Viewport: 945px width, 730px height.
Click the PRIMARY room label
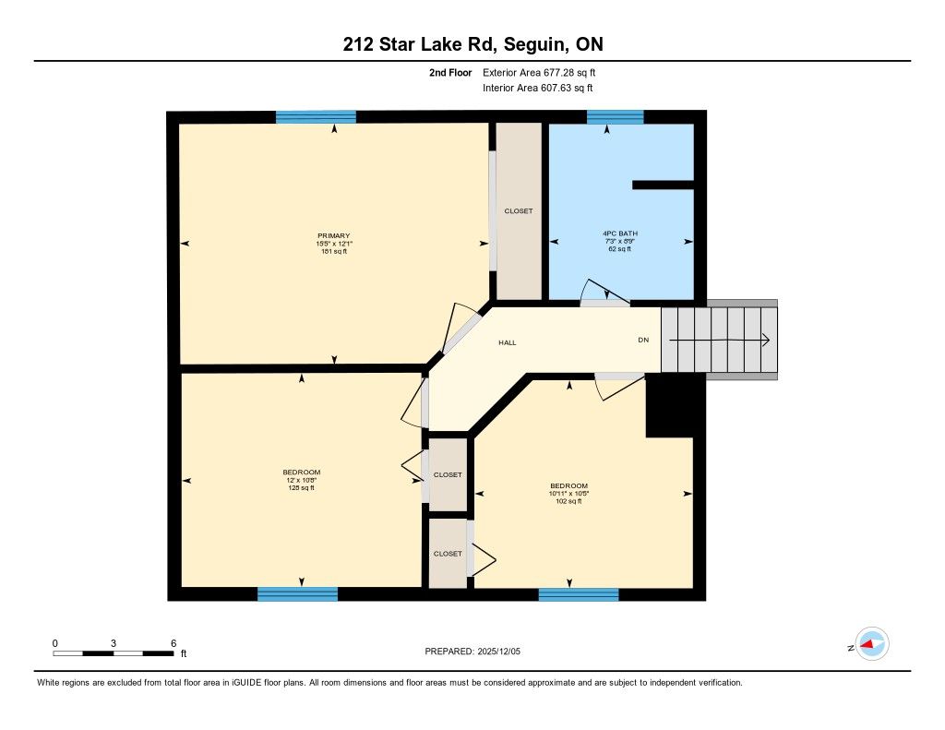[334, 235]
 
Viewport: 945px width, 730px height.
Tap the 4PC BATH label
[620, 233]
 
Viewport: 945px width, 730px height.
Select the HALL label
[508, 342]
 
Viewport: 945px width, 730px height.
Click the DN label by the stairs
[643, 340]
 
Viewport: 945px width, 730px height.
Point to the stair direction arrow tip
[769, 341]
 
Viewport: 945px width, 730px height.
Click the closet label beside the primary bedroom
[519, 211]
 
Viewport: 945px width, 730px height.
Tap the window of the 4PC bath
[616, 117]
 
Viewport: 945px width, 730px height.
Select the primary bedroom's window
[316, 117]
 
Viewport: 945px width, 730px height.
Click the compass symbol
[872, 644]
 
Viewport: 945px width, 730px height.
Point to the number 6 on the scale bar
[173, 643]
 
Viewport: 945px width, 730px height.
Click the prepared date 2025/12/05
[499, 652]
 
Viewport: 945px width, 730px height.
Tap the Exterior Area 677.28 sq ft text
[539, 73]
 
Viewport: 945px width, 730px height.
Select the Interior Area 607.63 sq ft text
[538, 88]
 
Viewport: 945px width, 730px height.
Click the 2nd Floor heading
[450, 73]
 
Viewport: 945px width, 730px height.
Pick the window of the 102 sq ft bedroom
[579, 594]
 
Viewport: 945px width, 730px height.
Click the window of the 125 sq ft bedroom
[298, 594]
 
